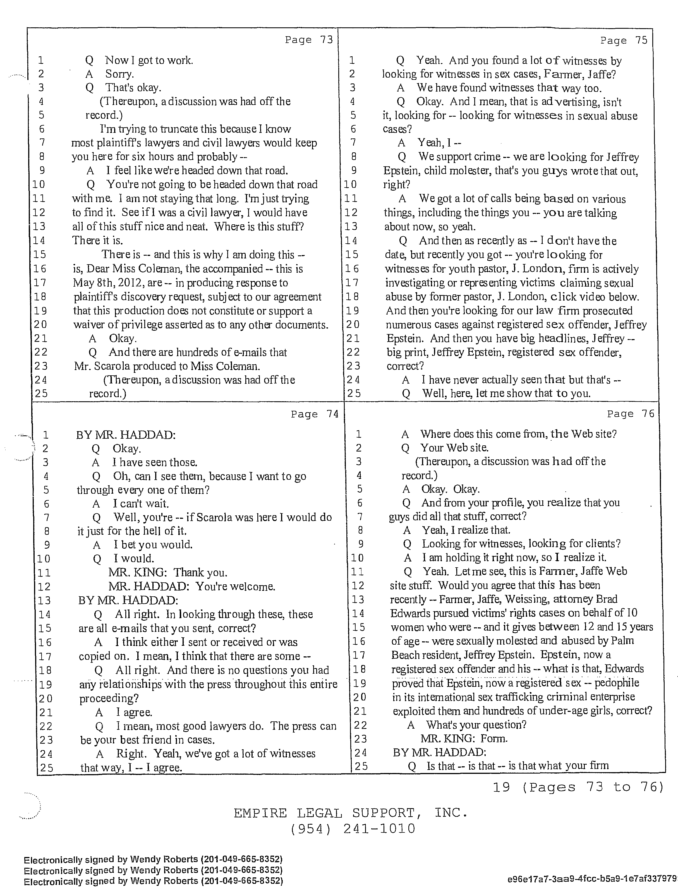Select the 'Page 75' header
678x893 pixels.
[624, 40]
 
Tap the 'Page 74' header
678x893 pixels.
[315, 414]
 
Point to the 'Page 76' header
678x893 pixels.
[630, 414]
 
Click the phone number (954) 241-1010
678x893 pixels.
[353, 829]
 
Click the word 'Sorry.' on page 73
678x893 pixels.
[119, 74]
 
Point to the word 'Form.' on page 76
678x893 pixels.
[494, 739]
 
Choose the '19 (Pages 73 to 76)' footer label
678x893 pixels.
[578, 787]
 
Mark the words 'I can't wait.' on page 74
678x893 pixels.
[140, 504]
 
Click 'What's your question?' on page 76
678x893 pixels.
[476, 725]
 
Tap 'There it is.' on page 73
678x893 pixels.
[97, 241]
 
